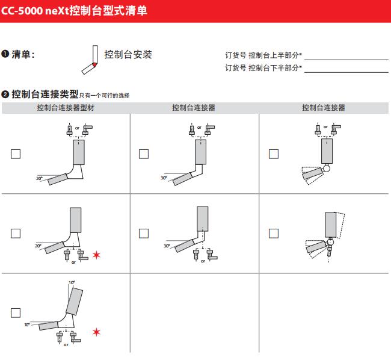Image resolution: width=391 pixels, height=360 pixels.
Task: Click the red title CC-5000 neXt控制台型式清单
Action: point(74,11)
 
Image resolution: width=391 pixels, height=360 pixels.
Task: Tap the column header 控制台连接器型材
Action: point(66,108)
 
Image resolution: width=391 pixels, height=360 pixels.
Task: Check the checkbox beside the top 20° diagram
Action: point(16,154)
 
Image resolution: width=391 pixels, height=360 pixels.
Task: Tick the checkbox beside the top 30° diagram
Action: point(144,154)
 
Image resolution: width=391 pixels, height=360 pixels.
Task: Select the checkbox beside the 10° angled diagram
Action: point(16,313)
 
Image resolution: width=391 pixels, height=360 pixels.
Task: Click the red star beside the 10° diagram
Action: point(96,332)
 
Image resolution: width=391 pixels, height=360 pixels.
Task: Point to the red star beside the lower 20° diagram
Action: point(96,255)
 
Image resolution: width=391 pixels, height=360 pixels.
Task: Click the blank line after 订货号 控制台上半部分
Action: point(346,60)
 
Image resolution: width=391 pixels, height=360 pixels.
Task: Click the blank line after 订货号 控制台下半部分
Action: point(346,72)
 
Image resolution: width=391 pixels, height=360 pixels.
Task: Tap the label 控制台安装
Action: point(128,54)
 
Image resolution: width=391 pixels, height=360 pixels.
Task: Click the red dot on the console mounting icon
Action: point(94,65)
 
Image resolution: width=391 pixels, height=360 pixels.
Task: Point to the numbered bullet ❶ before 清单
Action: point(5,54)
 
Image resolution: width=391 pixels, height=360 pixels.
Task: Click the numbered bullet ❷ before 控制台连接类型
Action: point(5,95)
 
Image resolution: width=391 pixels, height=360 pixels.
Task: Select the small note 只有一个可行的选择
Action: point(104,96)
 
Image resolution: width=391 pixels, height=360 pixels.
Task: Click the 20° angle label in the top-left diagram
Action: point(39,178)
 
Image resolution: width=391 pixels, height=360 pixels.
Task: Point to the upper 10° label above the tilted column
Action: point(72,282)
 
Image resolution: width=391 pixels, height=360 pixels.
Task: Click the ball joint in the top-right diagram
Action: point(326,169)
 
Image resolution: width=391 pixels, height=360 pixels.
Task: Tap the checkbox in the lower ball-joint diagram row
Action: point(274,234)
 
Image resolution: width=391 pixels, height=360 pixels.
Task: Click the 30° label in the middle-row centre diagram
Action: point(167,246)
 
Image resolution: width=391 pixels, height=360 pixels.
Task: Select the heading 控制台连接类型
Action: point(45,95)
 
